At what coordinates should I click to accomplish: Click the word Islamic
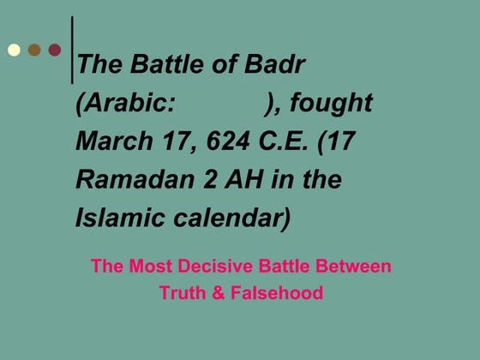[112, 218]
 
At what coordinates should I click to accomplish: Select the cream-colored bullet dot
[15, 50]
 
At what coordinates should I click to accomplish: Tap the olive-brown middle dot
[34, 50]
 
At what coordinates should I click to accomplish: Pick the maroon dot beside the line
[55, 50]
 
